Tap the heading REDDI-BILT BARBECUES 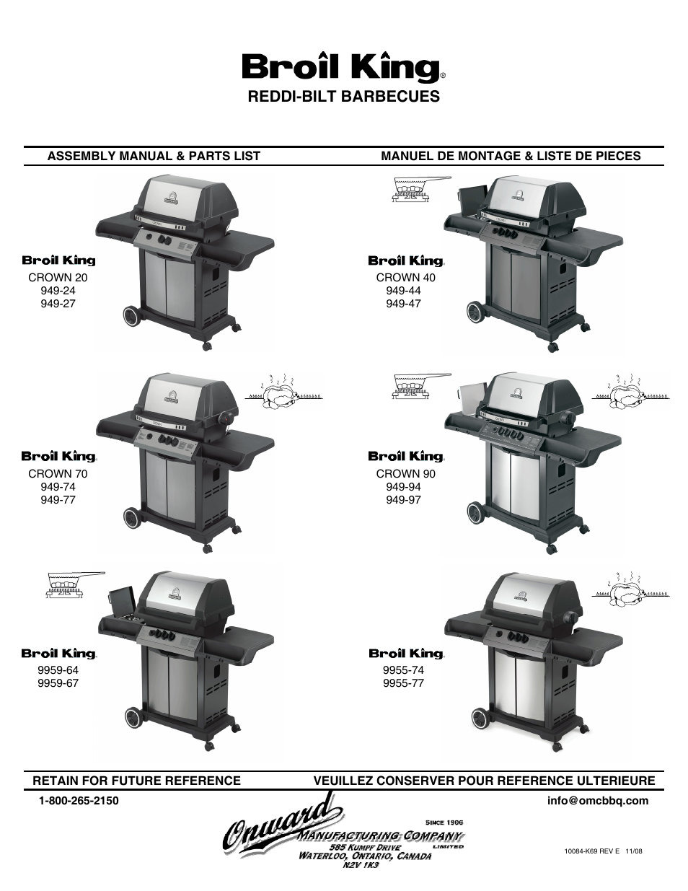[x=343, y=97]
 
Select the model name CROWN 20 [x=58, y=278]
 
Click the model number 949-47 [x=403, y=304]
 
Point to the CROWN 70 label [x=58, y=474]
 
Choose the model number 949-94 [x=403, y=487]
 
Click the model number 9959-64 [x=58, y=670]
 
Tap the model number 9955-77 [x=403, y=683]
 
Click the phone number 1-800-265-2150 [x=79, y=801]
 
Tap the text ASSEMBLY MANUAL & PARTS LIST [x=154, y=156]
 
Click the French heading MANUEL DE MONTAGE [x=510, y=156]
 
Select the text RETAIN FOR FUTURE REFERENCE [x=136, y=781]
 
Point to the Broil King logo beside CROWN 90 [x=405, y=456]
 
